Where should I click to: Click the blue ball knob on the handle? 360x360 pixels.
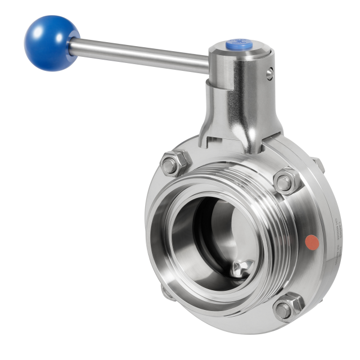(44, 43)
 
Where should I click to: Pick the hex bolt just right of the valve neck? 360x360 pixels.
(286, 182)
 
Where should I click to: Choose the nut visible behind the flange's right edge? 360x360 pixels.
(319, 165)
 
